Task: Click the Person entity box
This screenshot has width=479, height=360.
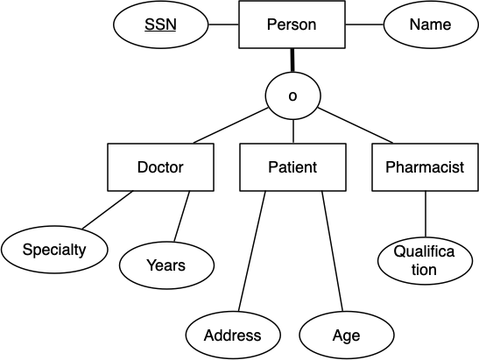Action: [292, 25]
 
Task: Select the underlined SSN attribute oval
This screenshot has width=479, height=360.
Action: [160, 25]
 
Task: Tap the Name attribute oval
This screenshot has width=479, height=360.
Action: [431, 25]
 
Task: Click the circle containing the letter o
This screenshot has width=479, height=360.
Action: [293, 95]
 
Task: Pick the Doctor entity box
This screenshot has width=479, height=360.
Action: [160, 167]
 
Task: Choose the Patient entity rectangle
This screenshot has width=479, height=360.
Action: [293, 167]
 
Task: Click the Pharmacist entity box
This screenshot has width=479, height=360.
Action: [426, 167]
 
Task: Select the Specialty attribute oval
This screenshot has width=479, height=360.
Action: [54, 250]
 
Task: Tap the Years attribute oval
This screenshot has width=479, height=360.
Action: [166, 265]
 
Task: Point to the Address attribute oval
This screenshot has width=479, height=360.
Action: [233, 335]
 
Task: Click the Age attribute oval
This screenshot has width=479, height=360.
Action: [347, 335]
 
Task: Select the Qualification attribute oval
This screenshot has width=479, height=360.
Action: [426, 261]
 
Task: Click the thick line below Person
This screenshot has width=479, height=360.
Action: [292, 60]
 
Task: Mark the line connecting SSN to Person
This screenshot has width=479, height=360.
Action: [223, 25]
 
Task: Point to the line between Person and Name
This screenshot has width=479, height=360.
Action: [364, 25]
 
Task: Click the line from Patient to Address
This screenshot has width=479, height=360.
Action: [252, 251]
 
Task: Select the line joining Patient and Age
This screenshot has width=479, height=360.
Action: [333, 251]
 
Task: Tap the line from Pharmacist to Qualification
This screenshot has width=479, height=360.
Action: [426, 214]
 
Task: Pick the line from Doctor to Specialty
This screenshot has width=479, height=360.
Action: [108, 210]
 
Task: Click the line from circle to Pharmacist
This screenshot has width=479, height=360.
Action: [356, 125]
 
